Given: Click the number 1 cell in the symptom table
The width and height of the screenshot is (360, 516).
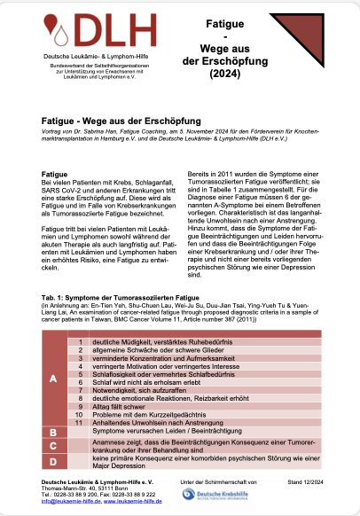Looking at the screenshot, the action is (81, 342).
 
